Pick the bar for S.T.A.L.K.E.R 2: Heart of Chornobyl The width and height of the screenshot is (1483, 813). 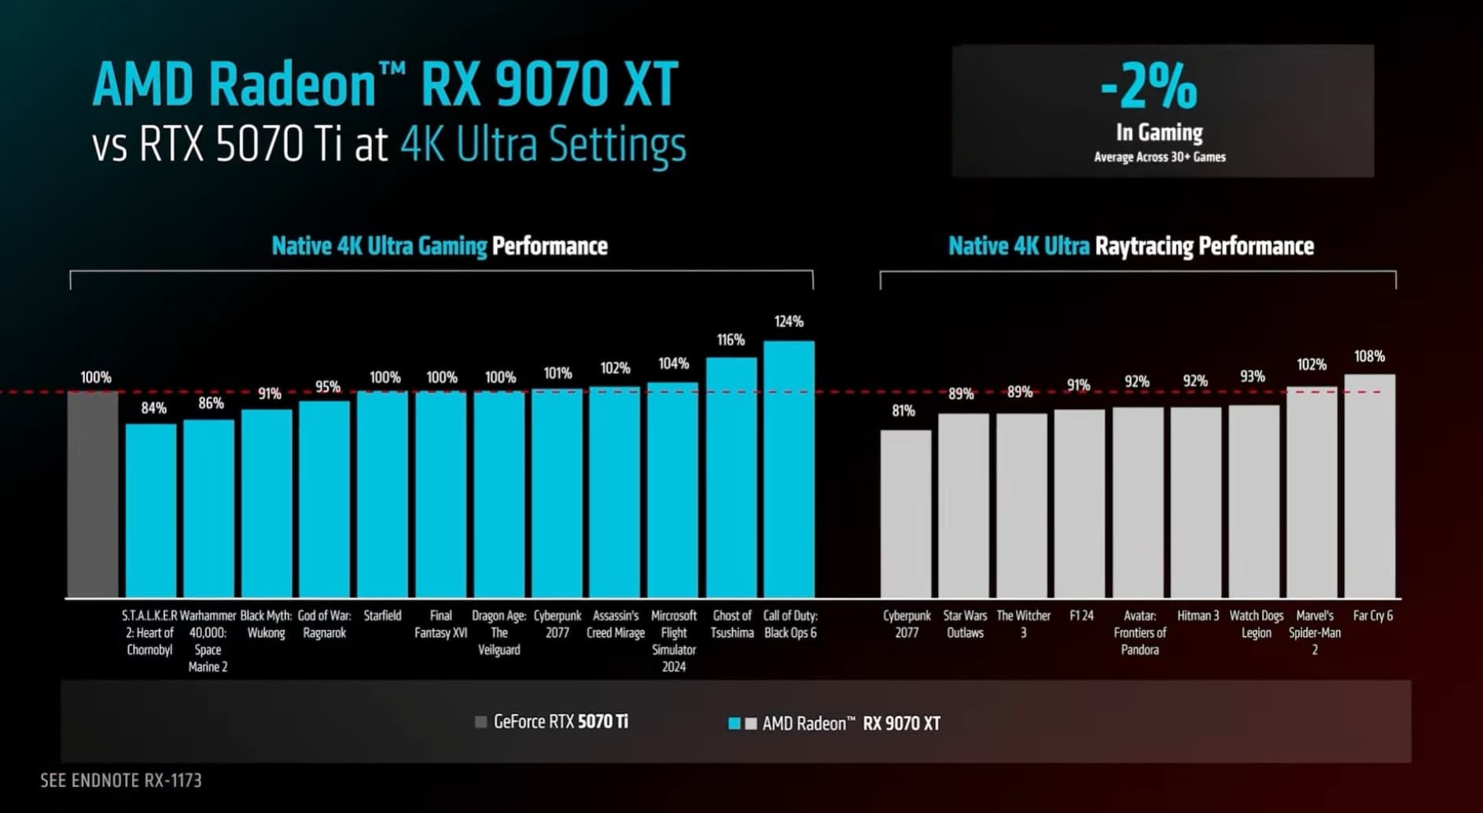point(151,510)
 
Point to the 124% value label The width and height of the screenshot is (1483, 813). point(789,322)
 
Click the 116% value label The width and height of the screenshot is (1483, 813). point(730,340)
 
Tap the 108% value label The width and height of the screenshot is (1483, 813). point(1369,356)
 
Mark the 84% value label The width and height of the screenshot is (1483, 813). point(153,408)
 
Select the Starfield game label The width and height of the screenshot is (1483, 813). point(382,616)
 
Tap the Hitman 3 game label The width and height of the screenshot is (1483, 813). point(1198,616)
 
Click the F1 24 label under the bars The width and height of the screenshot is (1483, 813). point(1081,616)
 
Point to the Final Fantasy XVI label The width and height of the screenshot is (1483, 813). point(441,624)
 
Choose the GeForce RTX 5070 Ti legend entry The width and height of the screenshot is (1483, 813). point(552,722)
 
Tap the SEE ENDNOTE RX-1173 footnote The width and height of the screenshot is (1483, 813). point(121,780)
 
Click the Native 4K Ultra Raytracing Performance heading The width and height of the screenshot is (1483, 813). point(1131,246)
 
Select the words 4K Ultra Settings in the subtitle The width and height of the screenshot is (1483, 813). point(543,145)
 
